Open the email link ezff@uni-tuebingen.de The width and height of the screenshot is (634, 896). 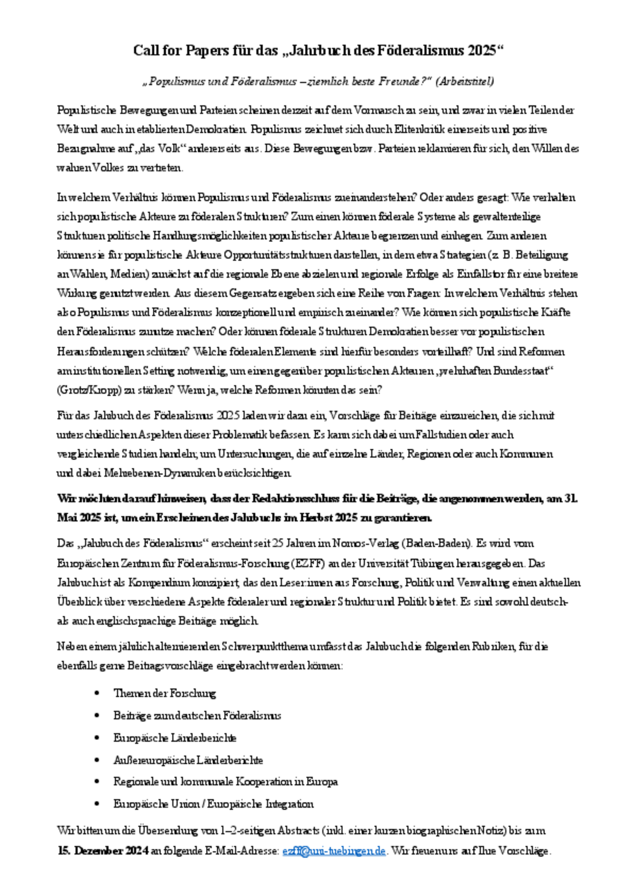(334, 851)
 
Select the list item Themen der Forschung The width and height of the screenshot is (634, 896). (165, 693)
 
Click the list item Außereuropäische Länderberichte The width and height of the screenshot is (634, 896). (188, 760)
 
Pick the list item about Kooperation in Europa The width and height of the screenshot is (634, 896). (225, 782)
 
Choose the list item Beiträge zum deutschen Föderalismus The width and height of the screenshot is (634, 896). (197, 715)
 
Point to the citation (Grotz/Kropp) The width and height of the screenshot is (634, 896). (85, 390)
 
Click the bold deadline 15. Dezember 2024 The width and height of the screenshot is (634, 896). (103, 851)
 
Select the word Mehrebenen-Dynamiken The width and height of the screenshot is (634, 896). (160, 473)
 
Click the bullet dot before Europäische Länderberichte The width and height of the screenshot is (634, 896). (97, 738)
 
